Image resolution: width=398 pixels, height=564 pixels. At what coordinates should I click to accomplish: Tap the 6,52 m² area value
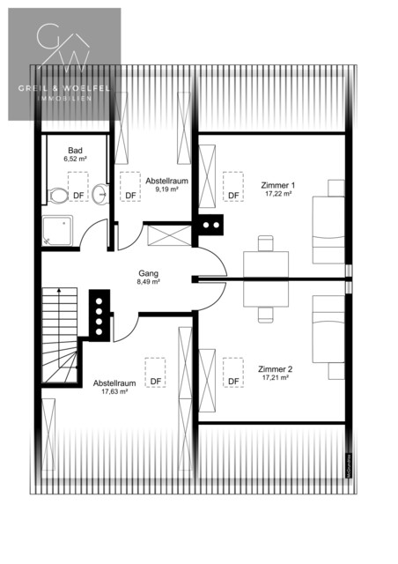point(76,159)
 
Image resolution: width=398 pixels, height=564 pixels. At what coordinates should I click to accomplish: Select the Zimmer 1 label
point(278,185)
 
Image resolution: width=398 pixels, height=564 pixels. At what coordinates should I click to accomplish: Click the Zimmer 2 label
point(276,368)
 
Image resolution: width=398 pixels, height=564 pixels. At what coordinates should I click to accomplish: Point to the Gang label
point(148,273)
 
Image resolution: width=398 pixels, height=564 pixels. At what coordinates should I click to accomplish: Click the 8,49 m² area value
point(148,283)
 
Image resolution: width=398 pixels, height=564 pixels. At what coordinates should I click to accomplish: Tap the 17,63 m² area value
point(115,392)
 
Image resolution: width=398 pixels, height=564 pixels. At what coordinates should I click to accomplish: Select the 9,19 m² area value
point(167,189)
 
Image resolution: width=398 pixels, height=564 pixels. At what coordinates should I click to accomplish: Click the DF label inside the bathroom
point(79,195)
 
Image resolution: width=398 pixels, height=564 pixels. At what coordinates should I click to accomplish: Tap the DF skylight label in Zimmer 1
point(233,196)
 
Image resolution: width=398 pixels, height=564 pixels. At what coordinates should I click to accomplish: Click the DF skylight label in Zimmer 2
point(233,381)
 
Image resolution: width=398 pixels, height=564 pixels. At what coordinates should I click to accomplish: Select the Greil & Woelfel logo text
point(64,88)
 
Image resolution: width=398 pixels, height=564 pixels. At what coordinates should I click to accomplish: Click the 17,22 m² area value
point(278,195)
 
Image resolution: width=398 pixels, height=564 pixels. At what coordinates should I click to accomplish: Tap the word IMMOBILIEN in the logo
point(64,100)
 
